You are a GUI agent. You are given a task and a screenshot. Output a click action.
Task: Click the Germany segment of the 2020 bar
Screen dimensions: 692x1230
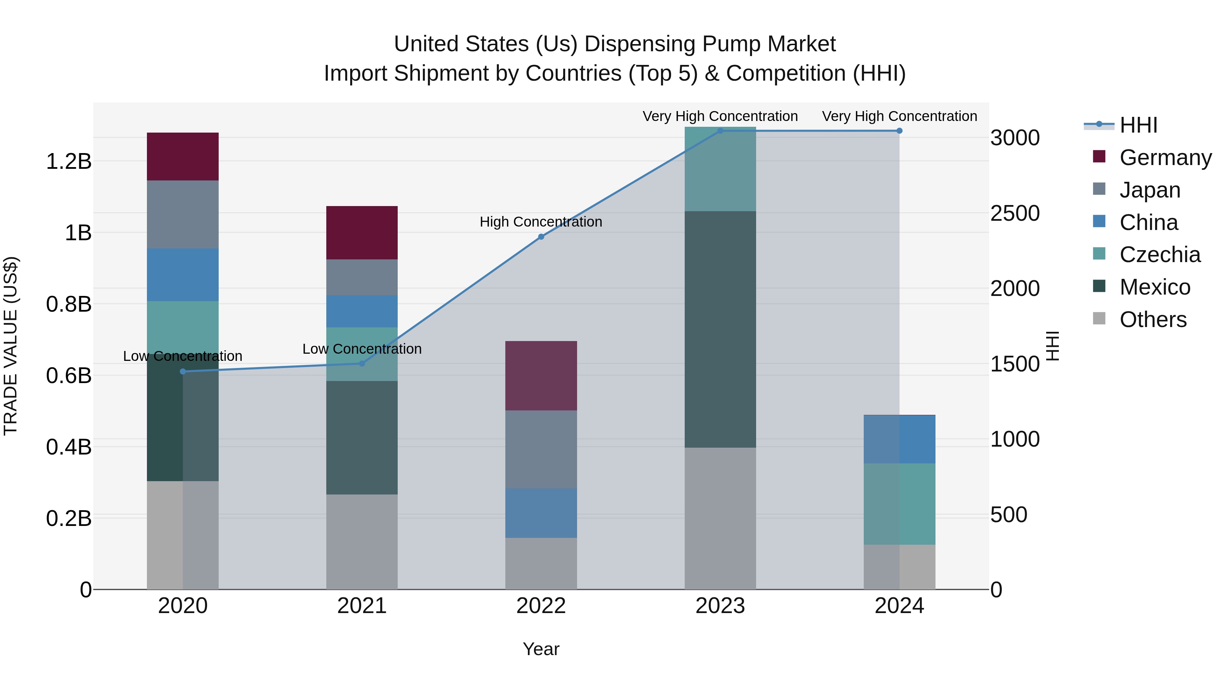[182, 156]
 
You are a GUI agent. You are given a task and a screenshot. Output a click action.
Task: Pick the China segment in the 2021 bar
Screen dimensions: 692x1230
[361, 311]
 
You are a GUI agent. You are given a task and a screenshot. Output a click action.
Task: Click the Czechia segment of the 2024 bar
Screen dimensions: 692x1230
[899, 503]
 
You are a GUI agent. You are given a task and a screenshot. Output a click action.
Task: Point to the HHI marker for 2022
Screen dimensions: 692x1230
[541, 237]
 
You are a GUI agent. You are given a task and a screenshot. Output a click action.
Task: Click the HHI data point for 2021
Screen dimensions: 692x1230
[361, 364]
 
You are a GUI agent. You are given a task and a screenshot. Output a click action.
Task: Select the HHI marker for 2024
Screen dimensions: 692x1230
[899, 131]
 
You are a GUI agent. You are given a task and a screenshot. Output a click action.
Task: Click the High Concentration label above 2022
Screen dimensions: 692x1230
[541, 222]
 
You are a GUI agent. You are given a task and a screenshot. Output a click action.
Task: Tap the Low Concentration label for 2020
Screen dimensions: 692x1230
[182, 356]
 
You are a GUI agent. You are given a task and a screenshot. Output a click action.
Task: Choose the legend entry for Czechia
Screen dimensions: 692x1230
[1159, 255]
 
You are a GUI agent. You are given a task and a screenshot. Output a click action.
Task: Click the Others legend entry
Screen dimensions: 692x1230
[1153, 320]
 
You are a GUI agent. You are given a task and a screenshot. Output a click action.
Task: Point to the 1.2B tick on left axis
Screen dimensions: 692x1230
[68, 161]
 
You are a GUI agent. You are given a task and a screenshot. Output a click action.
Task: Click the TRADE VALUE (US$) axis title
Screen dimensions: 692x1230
[11, 346]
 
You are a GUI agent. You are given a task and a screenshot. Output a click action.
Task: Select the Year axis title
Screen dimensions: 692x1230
[541, 649]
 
